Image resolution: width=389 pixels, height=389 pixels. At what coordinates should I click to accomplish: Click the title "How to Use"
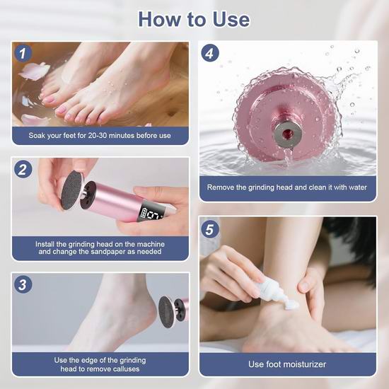coord(194,19)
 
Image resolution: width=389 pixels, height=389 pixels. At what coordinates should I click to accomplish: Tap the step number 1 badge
coord(23,53)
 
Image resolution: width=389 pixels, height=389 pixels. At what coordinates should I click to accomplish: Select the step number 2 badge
coord(23,170)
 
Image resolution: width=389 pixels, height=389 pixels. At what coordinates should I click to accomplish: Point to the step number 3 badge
coord(23,284)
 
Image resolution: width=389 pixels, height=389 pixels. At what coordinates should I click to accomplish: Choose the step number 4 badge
coord(210,53)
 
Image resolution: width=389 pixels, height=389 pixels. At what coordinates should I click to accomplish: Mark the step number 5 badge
coord(210,229)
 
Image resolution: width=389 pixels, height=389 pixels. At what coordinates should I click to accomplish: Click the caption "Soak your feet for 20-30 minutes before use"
coord(100,136)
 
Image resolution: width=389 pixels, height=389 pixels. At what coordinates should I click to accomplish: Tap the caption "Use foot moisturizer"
coord(287,364)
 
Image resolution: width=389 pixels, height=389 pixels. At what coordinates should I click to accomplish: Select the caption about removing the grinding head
coord(287,187)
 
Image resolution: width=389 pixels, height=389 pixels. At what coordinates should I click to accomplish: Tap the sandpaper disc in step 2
coord(72,190)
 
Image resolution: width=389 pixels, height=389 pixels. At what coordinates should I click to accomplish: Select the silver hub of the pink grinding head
coord(288,134)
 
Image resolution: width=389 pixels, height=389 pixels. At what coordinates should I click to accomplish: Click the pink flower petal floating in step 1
coord(35,71)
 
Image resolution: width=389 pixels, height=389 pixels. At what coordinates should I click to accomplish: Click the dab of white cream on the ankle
coord(291,305)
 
